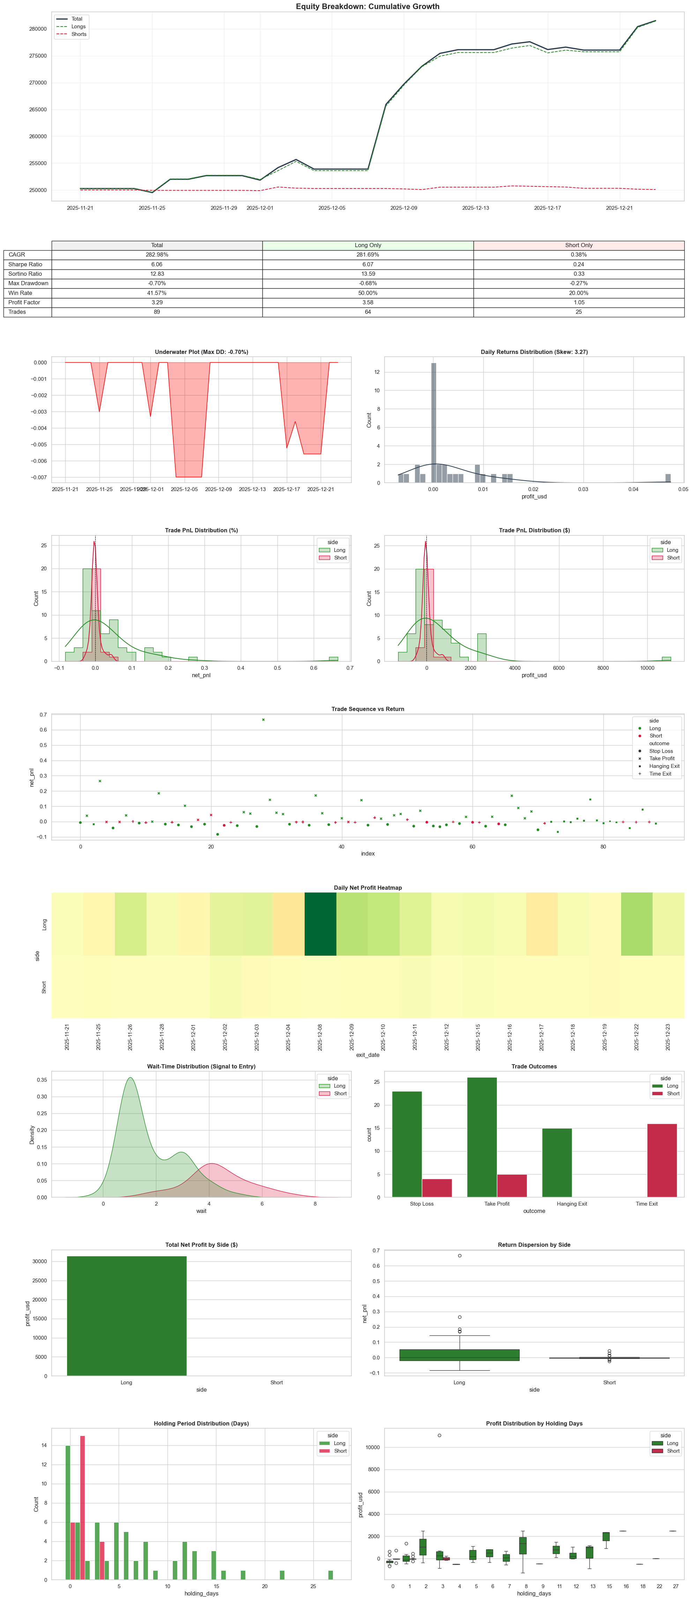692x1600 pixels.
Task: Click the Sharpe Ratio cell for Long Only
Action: point(368,264)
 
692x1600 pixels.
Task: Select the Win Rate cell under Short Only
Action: point(578,292)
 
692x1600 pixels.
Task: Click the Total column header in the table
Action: point(157,245)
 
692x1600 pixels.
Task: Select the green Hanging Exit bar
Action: point(557,1163)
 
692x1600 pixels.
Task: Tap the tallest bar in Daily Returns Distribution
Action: point(433,422)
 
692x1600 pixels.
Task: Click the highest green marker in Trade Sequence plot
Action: point(263,720)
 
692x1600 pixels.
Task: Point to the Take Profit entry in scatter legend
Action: point(661,758)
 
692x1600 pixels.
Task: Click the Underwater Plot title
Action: point(201,352)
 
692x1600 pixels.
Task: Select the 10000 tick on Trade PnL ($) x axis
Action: point(647,668)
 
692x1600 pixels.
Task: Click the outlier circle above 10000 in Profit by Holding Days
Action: point(439,1435)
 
